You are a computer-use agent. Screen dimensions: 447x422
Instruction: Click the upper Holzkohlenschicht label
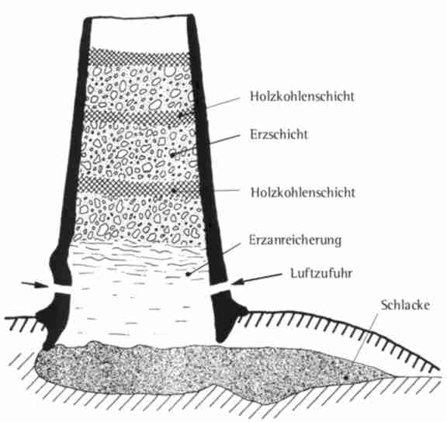(302, 96)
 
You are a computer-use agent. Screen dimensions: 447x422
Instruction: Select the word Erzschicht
(279, 134)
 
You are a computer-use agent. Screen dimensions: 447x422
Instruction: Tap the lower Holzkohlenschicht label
(303, 192)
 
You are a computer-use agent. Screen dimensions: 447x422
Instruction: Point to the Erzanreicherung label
(295, 240)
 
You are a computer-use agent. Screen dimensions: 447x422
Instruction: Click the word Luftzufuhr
(321, 273)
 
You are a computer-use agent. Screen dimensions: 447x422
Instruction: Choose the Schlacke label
(405, 305)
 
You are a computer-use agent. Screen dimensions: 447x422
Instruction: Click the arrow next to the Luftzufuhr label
(257, 278)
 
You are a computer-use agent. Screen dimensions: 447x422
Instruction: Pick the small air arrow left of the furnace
(33, 285)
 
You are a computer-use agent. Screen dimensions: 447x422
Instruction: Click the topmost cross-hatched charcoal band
(139, 59)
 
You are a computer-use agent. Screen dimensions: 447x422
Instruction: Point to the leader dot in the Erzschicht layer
(172, 155)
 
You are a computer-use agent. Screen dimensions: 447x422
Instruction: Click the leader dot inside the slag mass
(346, 378)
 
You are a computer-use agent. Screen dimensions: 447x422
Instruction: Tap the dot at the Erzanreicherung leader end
(188, 275)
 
